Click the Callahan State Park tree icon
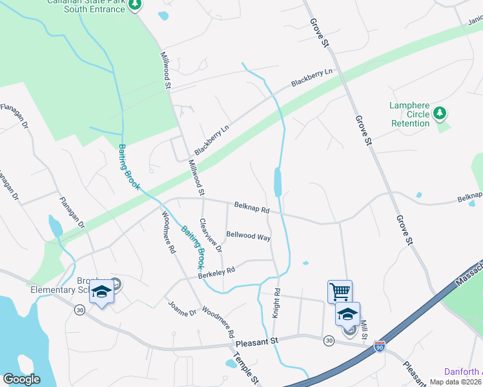[134, 6]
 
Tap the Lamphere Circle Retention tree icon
[440, 114]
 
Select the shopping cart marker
[340, 291]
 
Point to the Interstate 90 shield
[380, 346]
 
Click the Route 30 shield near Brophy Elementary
[79, 310]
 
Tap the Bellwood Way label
[248, 236]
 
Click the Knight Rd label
[276, 302]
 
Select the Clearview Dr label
[211, 235]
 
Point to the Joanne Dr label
[181, 309]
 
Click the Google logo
[21, 379]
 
